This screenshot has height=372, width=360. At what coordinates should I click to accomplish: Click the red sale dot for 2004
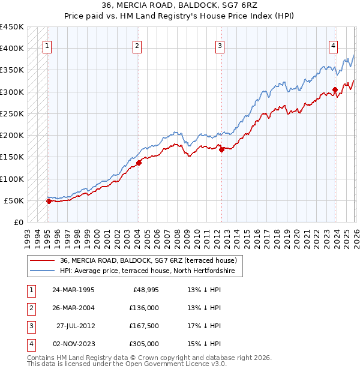(x=139, y=162)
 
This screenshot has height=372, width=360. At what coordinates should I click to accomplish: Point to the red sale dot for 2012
(x=222, y=149)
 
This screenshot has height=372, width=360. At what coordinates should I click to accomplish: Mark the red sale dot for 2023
(x=335, y=90)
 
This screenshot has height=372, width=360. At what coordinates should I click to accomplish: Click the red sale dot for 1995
(x=49, y=201)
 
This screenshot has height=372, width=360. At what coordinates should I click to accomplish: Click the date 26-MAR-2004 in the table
(x=73, y=308)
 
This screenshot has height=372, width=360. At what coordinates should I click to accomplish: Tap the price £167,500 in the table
(x=143, y=326)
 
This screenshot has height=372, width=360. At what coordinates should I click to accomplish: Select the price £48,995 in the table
(x=143, y=290)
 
